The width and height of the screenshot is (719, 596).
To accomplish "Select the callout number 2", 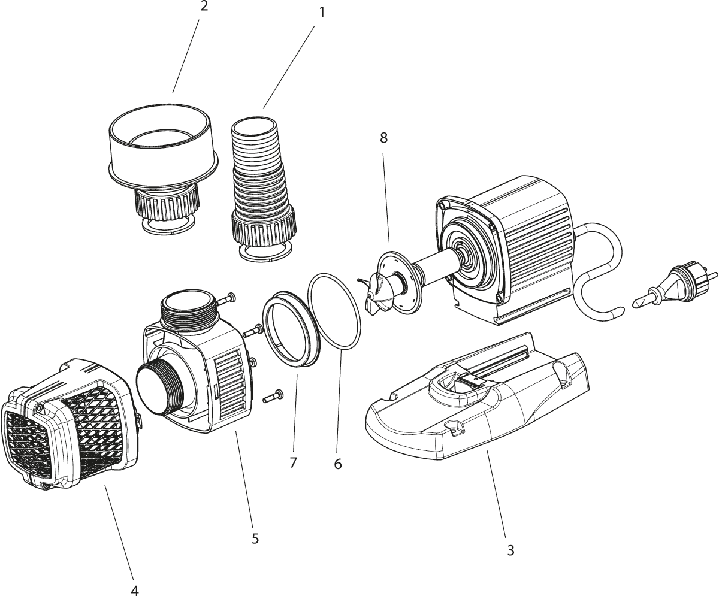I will pos(204,7).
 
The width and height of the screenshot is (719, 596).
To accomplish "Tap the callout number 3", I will pos(510,550).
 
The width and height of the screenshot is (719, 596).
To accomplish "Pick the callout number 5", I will pos(255,538).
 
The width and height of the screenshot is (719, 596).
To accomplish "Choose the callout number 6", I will pos(338,464).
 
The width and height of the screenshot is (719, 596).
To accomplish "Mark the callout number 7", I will pos(293,462).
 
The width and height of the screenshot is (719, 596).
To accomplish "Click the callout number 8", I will pos(383,138).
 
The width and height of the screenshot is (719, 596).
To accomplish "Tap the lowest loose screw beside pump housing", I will pos(273,396).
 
